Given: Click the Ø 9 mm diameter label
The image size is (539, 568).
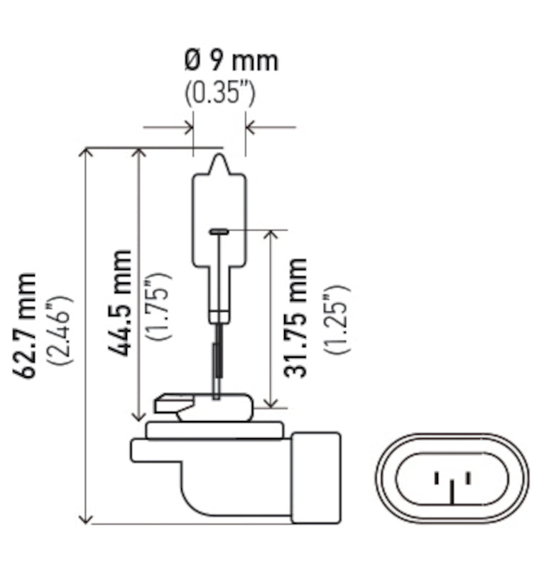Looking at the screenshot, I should tap(232, 60).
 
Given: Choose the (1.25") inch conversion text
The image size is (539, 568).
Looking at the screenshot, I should tap(334, 318).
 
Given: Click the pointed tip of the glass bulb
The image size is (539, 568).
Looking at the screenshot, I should tap(220, 157).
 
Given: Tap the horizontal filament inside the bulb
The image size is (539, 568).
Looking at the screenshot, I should tap(219, 230).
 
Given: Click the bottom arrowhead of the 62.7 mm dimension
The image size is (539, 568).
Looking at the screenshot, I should tap(86, 520).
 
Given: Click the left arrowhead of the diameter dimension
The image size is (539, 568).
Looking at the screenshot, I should tap(189, 128).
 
